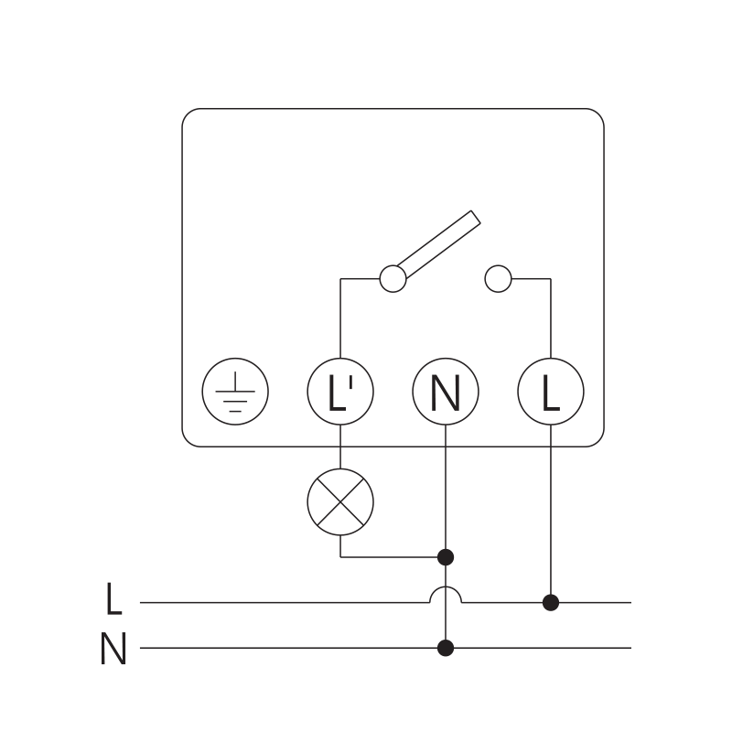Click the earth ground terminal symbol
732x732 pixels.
click(235, 393)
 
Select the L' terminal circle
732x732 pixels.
click(339, 393)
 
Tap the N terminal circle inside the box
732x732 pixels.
click(446, 393)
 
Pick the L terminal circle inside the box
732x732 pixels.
click(551, 393)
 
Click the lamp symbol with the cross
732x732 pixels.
click(340, 501)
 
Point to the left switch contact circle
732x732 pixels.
click(393, 278)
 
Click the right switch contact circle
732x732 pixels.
click(498, 278)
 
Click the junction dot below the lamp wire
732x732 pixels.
click(446, 556)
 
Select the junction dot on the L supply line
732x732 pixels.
click(551, 602)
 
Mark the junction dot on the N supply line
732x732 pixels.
click(446, 648)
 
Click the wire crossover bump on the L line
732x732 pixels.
click(446, 593)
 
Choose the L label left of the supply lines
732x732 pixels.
click(113, 599)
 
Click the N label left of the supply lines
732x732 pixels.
click(113, 650)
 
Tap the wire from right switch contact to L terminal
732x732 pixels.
click(551, 320)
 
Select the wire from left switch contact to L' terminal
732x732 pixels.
click(340, 320)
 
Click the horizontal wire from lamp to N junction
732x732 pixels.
click(393, 556)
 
